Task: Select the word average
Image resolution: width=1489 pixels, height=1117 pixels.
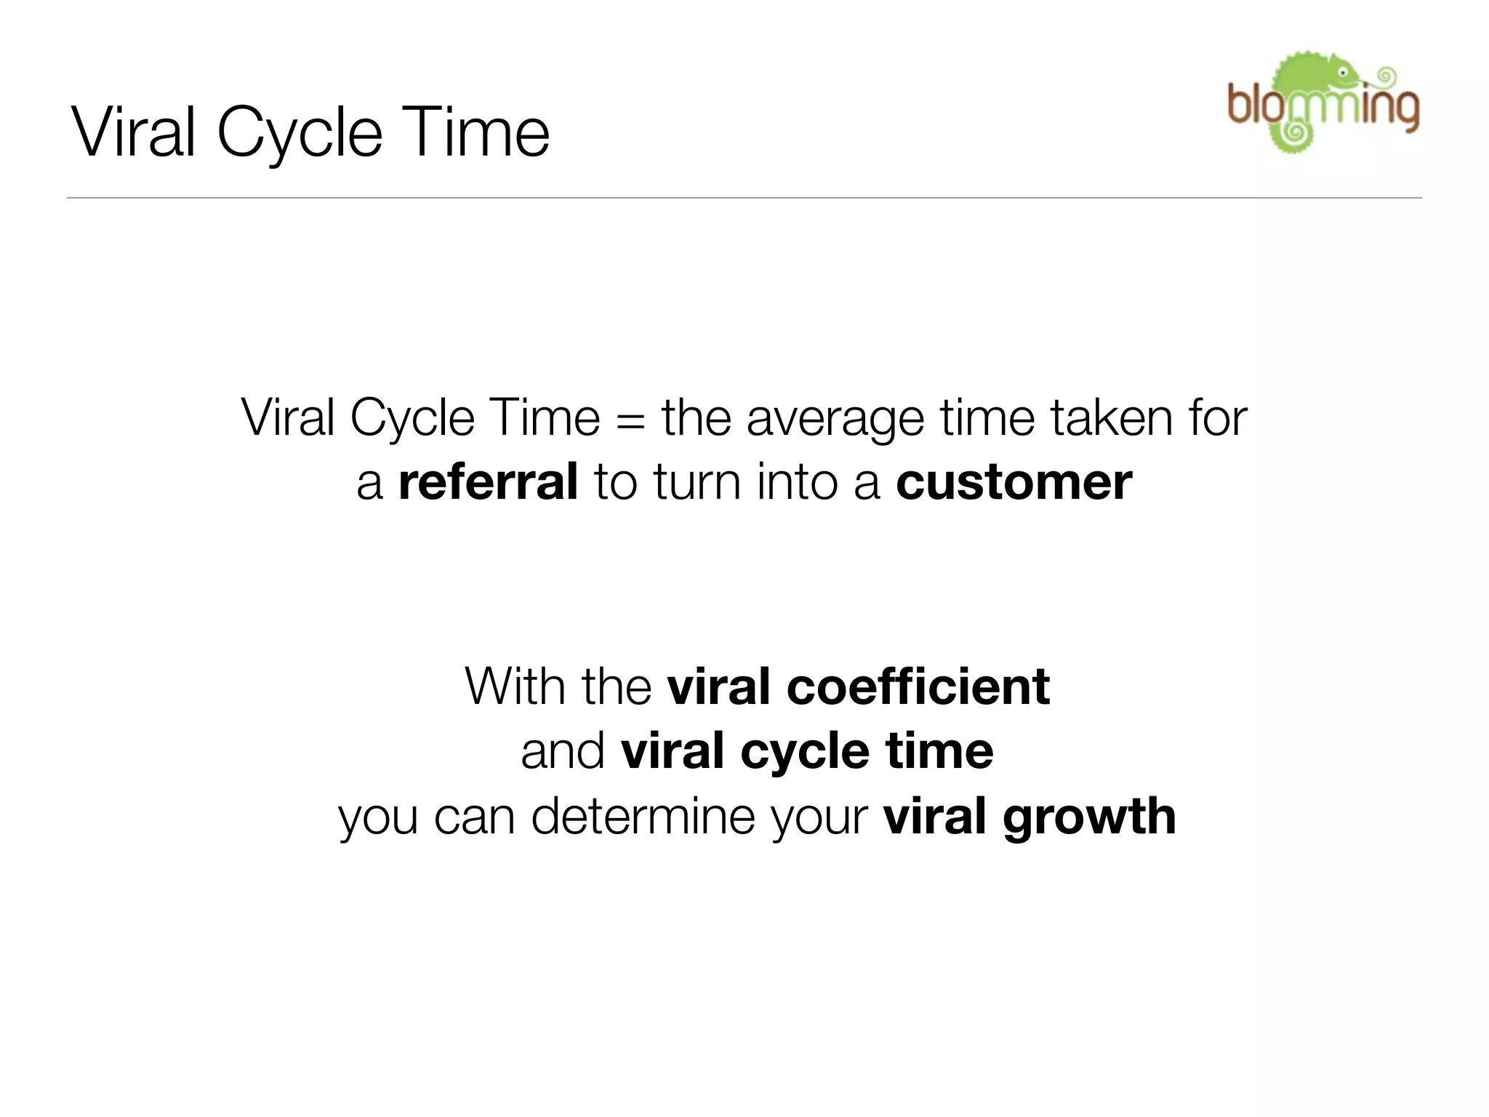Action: click(x=835, y=420)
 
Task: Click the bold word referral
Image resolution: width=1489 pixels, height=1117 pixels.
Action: click(x=488, y=482)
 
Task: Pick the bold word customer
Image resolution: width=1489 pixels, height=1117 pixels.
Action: click(x=1014, y=482)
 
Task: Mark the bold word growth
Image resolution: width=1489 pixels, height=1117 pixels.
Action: click(x=1089, y=817)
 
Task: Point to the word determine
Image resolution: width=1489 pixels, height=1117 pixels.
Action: click(x=644, y=817)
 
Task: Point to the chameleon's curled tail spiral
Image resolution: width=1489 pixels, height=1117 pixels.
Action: click(x=1294, y=134)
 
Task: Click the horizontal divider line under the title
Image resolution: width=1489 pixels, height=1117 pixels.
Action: click(x=744, y=198)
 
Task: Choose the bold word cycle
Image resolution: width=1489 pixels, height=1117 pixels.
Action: click(x=805, y=751)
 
